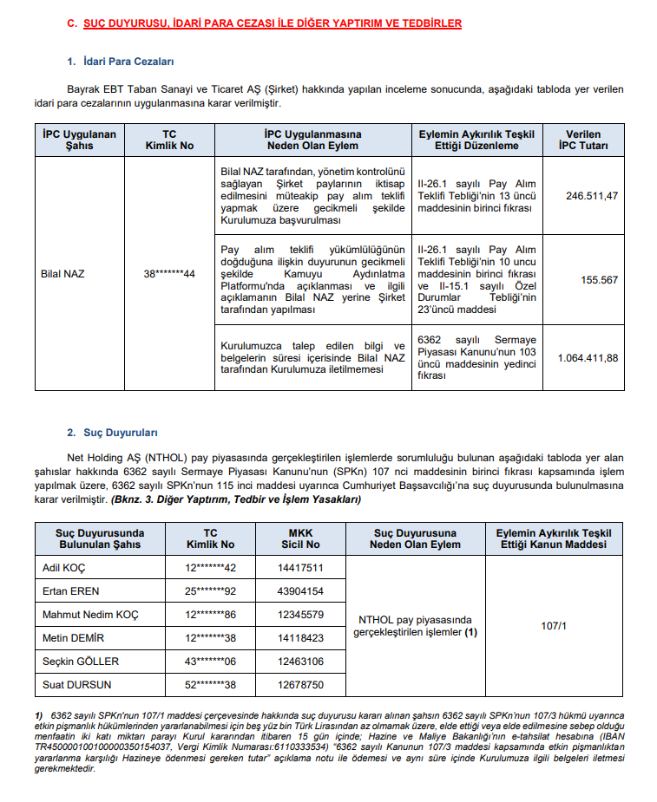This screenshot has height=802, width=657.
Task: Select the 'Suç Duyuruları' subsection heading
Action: point(121,432)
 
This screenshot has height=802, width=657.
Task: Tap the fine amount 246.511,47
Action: point(592,196)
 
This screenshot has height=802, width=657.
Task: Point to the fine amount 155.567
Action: point(599,280)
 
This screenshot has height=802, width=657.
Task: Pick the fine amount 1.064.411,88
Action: point(588,357)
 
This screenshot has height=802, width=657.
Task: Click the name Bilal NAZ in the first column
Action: point(63,274)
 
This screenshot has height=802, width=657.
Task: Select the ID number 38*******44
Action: point(169,274)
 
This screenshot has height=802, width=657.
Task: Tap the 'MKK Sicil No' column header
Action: point(301,538)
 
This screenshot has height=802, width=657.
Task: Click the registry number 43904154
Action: point(301,591)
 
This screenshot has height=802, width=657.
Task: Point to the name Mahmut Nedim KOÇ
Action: point(90,615)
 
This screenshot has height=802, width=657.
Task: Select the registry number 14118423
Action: point(301,638)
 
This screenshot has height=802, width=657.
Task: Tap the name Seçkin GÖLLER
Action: point(81,662)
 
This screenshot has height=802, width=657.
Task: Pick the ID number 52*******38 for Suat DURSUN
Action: point(211,685)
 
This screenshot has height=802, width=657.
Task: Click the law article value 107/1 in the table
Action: point(554,626)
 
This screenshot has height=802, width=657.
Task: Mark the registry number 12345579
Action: point(301,615)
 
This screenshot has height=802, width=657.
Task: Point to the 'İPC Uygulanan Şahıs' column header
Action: point(79,140)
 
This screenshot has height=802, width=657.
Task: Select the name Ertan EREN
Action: point(71,591)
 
